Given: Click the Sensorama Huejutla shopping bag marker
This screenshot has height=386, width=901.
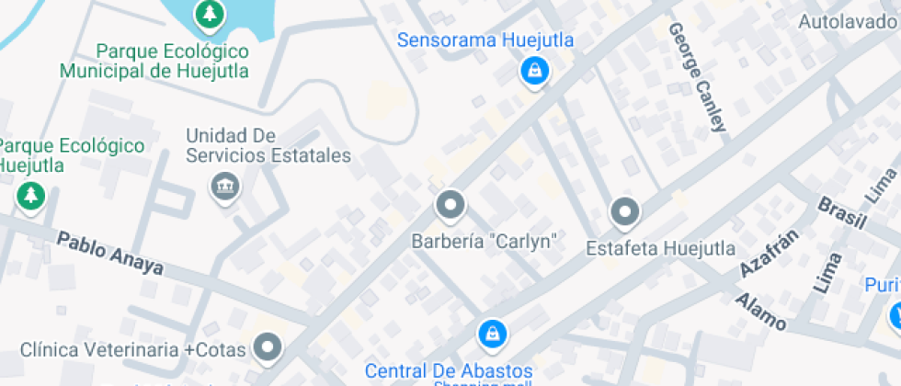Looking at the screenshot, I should coord(533,70).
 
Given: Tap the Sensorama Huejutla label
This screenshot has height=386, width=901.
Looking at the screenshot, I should coord(485,40).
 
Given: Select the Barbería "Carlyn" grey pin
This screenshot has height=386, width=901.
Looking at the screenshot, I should coord(450,206).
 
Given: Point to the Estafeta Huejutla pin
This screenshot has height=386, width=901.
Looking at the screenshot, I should coord(625,213).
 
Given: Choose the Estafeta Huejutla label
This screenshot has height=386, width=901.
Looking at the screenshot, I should coord(660,248).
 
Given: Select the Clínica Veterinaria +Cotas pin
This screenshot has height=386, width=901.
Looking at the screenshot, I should coord(268,346).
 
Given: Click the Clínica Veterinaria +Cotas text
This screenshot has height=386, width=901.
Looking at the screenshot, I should coord(133,349).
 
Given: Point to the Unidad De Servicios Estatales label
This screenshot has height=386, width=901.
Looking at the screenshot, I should coord(268,145).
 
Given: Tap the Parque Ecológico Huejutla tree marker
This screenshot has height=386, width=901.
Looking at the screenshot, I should coord(31,195).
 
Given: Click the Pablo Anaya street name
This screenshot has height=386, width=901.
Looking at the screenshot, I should coord(110,254).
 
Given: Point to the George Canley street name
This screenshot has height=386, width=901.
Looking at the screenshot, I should coord(697,78).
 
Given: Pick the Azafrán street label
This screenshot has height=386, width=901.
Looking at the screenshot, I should coord(770,250).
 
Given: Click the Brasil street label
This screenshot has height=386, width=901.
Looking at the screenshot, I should coord(842,211).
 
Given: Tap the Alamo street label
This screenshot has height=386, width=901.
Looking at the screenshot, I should coord(759,312).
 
